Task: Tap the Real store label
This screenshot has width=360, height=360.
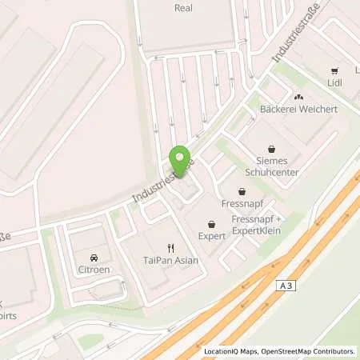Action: point(183,7)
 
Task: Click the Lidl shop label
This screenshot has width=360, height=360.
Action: point(335,82)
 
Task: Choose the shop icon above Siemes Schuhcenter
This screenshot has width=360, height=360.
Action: point(272,148)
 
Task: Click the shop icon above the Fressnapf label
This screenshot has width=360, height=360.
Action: point(242,191)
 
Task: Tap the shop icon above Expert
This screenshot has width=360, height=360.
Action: point(211,225)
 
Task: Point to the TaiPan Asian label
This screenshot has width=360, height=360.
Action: point(169,261)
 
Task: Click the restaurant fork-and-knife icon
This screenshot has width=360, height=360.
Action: point(170,248)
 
